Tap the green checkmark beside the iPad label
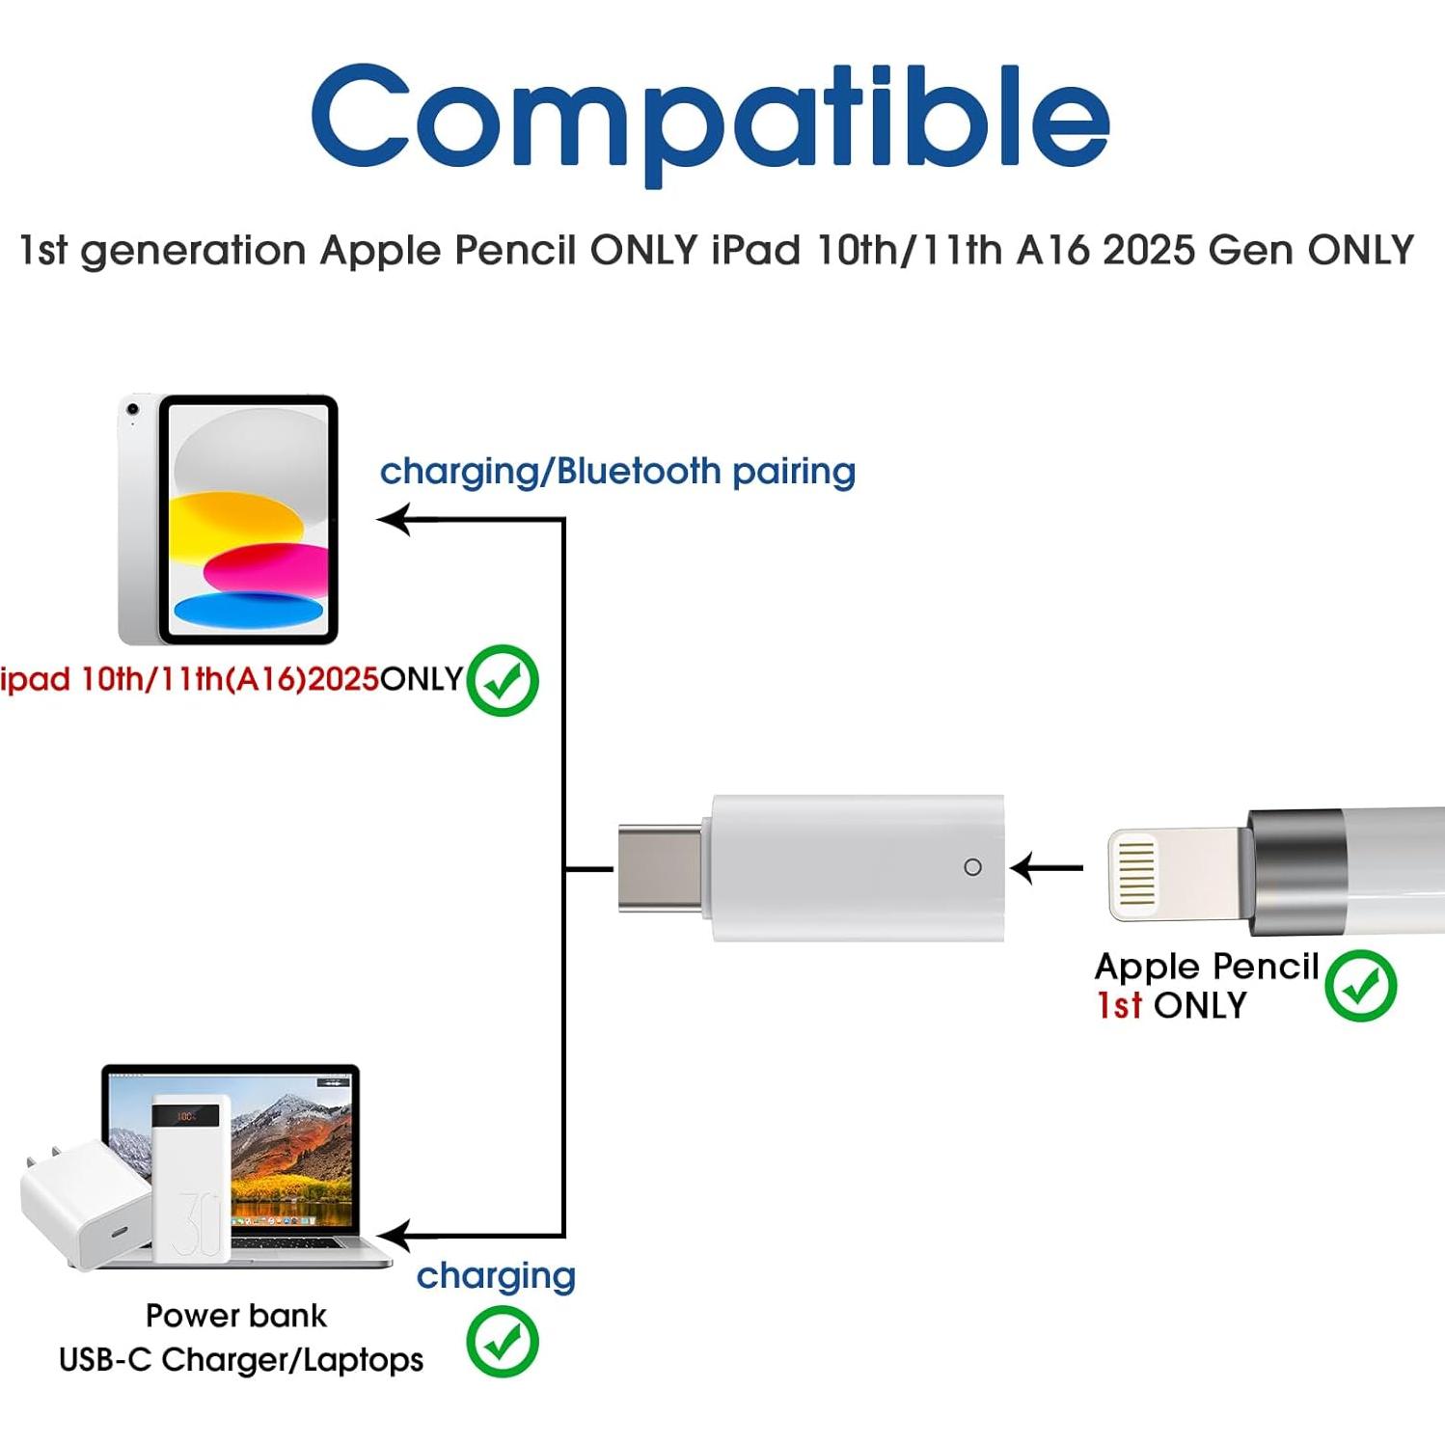(x=503, y=680)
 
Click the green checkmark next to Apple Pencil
(x=1360, y=985)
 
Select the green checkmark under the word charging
(x=503, y=1341)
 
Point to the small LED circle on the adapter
(x=972, y=867)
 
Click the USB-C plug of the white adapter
(x=661, y=867)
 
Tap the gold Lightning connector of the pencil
(x=1136, y=872)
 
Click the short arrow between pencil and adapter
(x=1047, y=867)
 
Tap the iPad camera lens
(x=133, y=410)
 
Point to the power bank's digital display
(x=185, y=1117)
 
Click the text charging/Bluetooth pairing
(x=617, y=471)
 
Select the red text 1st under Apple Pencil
(x=1119, y=1005)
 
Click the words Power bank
(x=235, y=1315)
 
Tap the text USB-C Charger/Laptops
(x=241, y=1359)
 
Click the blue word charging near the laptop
(x=496, y=1275)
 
